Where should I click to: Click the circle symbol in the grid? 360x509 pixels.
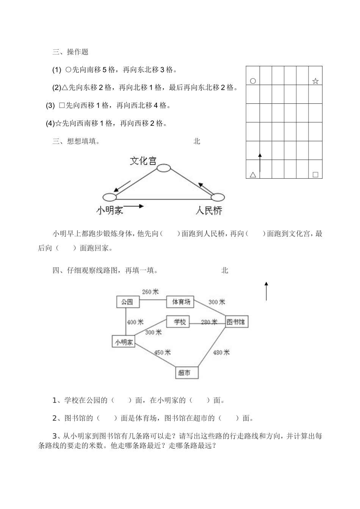coord(253,81)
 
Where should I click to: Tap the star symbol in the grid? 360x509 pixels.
coord(315,81)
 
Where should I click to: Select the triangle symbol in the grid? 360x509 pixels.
coord(253,175)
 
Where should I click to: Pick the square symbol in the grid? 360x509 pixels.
coord(315,175)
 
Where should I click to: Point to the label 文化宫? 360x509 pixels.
coord(143,161)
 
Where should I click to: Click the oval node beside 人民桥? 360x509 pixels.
coord(218,197)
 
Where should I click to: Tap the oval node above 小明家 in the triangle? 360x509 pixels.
coord(110,197)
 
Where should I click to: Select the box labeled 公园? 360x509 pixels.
coord(127,302)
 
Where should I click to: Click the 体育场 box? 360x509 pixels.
coord(180,302)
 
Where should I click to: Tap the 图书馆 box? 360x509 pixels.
coord(236,322)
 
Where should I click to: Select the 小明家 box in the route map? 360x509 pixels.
coord(124,342)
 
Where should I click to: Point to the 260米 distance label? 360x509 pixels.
coord(150,292)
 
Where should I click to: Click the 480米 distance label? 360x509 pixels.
coord(221,352)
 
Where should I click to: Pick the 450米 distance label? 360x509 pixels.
coord(162,352)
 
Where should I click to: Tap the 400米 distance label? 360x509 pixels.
coord(135,322)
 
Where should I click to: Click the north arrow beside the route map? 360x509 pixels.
coord(266,291)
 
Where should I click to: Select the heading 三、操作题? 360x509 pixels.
coord(70,52)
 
